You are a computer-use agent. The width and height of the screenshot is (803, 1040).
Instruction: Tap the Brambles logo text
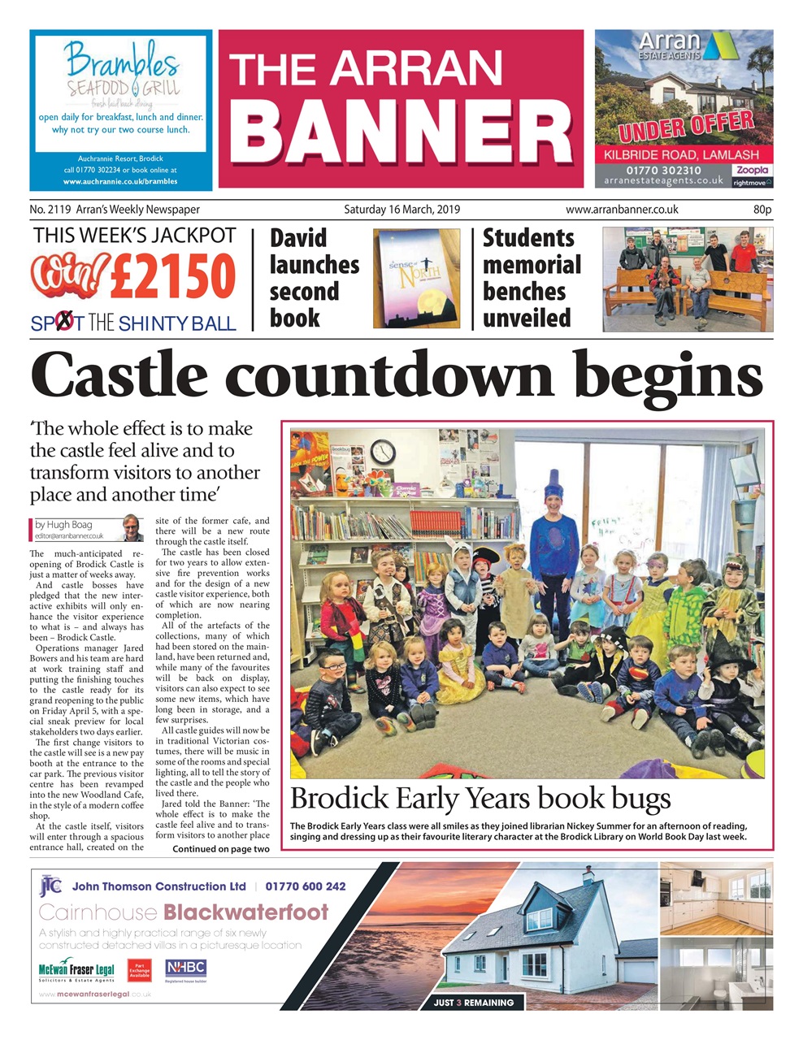[x=122, y=60]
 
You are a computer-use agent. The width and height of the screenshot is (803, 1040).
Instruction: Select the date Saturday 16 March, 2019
[x=401, y=210]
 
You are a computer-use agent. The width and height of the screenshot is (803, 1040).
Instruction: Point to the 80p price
[x=762, y=210]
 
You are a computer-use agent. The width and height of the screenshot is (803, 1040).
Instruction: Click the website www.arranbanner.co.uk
[x=622, y=210]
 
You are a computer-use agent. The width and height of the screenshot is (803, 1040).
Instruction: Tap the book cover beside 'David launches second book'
[x=416, y=278]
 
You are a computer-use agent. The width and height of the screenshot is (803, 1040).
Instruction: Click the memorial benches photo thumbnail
[x=688, y=279]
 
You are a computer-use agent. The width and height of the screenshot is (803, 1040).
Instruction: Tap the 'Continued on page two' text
[x=220, y=849]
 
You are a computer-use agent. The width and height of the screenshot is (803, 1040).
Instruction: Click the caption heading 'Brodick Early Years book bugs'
[x=480, y=799]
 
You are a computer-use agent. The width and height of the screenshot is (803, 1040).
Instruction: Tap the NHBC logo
[x=186, y=969]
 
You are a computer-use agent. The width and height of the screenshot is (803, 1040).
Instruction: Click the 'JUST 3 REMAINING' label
[x=473, y=1003]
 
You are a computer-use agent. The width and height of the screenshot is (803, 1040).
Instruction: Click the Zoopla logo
[x=751, y=170]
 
